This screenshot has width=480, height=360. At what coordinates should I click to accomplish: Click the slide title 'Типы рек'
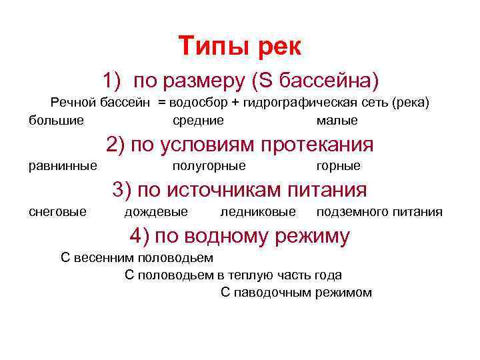pos(240,46)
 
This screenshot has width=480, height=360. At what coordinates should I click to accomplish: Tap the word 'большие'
pos(57,121)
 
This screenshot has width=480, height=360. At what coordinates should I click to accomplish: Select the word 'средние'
pos(198,121)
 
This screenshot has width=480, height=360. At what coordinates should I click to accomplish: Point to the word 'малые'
pos(337,121)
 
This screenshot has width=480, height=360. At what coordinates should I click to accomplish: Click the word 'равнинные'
pos(63,165)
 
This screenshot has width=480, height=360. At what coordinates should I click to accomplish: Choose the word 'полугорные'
pos(209,165)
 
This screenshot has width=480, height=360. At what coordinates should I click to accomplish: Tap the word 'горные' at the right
pos(339,165)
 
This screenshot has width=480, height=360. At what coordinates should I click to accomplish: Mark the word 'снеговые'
pos(57,212)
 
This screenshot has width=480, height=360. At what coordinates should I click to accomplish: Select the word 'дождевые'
pos(156,212)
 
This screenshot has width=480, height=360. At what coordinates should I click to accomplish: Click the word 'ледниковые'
pos(258,212)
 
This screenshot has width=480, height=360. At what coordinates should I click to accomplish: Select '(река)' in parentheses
pos(411,103)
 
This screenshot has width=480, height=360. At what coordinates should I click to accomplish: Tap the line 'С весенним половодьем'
pos(137,258)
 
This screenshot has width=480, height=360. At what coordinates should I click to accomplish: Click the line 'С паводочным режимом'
pos(296,293)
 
